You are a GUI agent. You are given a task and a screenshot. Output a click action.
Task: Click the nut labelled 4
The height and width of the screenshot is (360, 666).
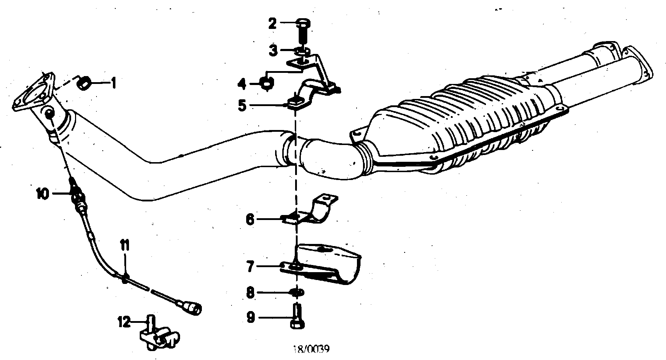267,85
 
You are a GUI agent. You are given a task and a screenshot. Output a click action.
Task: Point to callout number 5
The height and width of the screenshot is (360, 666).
243,106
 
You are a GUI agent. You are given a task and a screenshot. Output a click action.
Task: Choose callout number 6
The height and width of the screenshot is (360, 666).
250,219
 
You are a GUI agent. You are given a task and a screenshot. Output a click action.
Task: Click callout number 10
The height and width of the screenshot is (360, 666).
42,194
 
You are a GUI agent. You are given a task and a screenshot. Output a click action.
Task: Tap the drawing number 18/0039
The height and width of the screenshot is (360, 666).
311,349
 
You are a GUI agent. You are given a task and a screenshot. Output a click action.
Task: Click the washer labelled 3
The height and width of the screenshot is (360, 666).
302,51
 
